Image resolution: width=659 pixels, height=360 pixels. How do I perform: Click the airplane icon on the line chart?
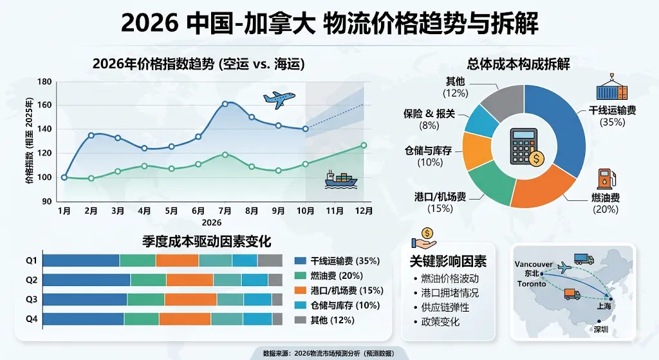tap(279, 99)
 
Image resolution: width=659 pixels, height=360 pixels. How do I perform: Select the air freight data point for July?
tap(225, 104)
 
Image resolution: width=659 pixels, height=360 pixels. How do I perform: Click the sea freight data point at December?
tap(364, 146)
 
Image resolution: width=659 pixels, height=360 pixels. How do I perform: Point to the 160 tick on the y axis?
tap(44, 105)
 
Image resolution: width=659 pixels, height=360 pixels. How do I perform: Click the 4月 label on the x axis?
tap(144, 211)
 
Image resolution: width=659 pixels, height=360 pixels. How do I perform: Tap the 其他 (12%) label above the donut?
tap(455, 86)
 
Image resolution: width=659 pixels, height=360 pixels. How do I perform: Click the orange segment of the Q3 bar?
tap(190, 299)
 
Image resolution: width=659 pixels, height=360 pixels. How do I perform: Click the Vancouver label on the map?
tap(534, 264)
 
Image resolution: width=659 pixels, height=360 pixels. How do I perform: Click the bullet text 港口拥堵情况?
tap(449, 293)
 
